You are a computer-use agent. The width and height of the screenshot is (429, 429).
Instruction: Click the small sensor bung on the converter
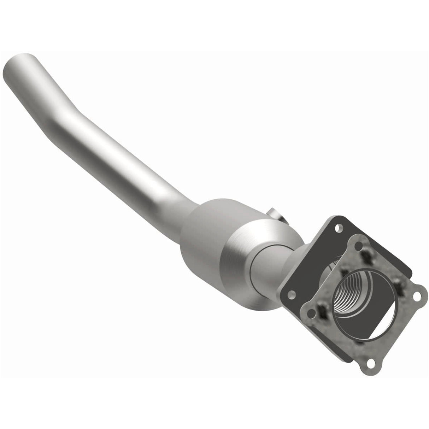(274, 214)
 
